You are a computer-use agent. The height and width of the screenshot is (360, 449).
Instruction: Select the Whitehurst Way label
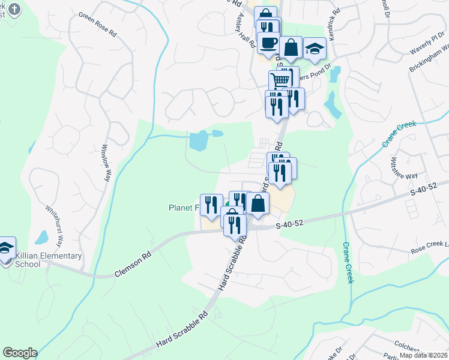(55, 227)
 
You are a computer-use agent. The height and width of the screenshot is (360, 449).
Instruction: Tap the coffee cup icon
(268, 43)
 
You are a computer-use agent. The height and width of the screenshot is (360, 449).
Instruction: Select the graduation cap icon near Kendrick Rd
(314, 49)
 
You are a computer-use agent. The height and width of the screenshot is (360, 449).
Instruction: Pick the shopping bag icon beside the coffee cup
(291, 47)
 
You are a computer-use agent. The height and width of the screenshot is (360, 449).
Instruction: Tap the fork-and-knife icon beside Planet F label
(211, 205)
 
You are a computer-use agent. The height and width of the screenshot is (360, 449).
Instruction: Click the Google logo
(20, 353)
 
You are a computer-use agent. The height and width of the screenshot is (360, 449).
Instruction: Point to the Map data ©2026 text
(424, 355)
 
